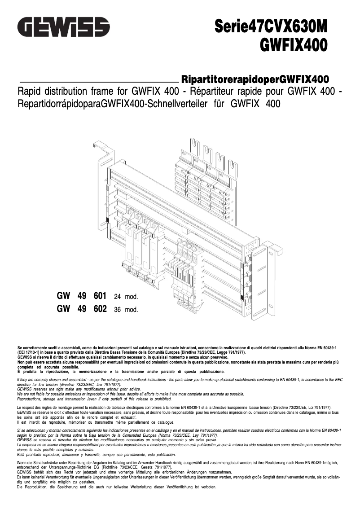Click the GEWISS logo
pos(63,27)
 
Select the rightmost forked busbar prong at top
pos(232,168)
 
